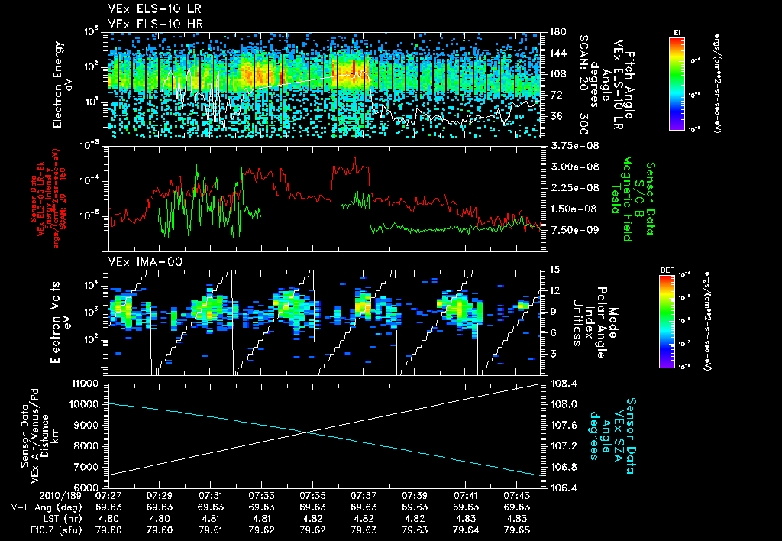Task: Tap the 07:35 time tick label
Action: point(313,495)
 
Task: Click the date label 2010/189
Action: point(28,495)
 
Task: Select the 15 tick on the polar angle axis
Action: point(554,270)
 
